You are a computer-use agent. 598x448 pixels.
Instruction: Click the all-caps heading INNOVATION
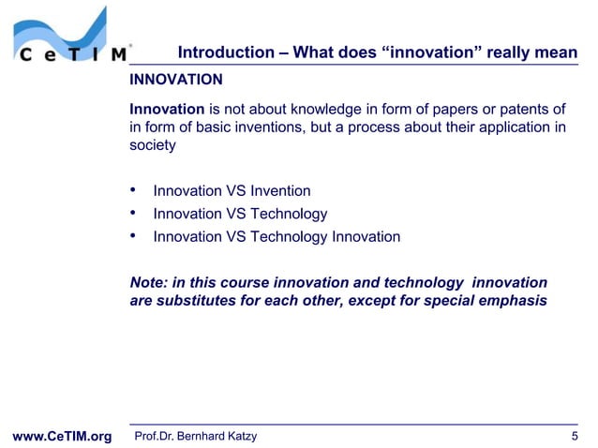[175, 79]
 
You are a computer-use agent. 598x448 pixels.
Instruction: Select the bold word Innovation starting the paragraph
[166, 112]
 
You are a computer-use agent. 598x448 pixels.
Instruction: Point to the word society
[152, 145]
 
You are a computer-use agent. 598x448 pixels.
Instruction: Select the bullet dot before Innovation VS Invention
[133, 191]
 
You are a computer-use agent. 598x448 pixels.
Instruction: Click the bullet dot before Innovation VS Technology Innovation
[133, 236]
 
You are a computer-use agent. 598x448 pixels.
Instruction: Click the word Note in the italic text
[146, 282]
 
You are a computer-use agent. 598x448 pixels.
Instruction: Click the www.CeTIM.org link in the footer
[60, 436]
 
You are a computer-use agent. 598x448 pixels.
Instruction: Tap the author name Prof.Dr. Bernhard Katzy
[196, 436]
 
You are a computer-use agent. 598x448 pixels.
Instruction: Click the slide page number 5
[574, 436]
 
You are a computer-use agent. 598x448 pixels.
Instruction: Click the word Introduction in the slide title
[222, 52]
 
